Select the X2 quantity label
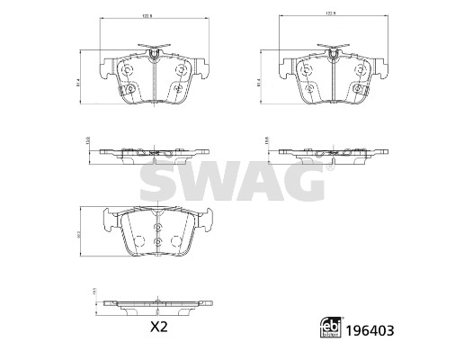pyautogui.click(x=157, y=327)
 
